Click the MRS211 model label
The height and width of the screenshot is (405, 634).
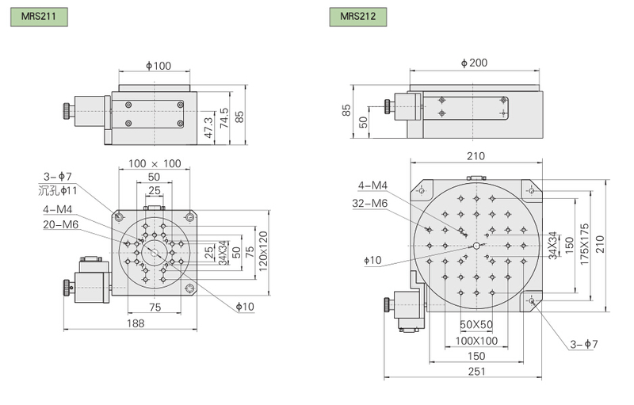click(39, 17)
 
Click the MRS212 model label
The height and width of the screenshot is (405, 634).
click(358, 17)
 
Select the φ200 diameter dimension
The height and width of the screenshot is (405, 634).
click(474, 63)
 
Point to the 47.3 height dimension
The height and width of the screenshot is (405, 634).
click(208, 128)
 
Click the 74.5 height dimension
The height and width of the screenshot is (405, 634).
click(224, 118)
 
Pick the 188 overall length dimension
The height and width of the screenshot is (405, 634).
click(136, 323)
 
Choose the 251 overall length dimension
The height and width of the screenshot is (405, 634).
click(477, 371)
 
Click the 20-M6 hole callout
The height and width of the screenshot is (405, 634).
click(61, 224)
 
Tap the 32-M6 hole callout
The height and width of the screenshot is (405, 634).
click(370, 204)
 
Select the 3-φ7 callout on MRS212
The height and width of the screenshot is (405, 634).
click(583, 344)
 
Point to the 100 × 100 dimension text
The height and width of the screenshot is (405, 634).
click(155, 163)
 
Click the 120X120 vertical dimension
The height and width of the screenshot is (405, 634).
click(263, 251)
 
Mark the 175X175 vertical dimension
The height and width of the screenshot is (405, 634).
click(584, 245)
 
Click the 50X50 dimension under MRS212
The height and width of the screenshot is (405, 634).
click(476, 325)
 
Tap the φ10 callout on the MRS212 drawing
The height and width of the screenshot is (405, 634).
click(372, 260)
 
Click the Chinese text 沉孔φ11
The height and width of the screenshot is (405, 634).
click(57, 190)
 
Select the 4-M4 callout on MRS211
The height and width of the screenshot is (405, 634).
click(57, 209)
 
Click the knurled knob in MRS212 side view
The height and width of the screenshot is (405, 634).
click(387, 106)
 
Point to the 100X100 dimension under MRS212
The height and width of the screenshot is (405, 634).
click(476, 341)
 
